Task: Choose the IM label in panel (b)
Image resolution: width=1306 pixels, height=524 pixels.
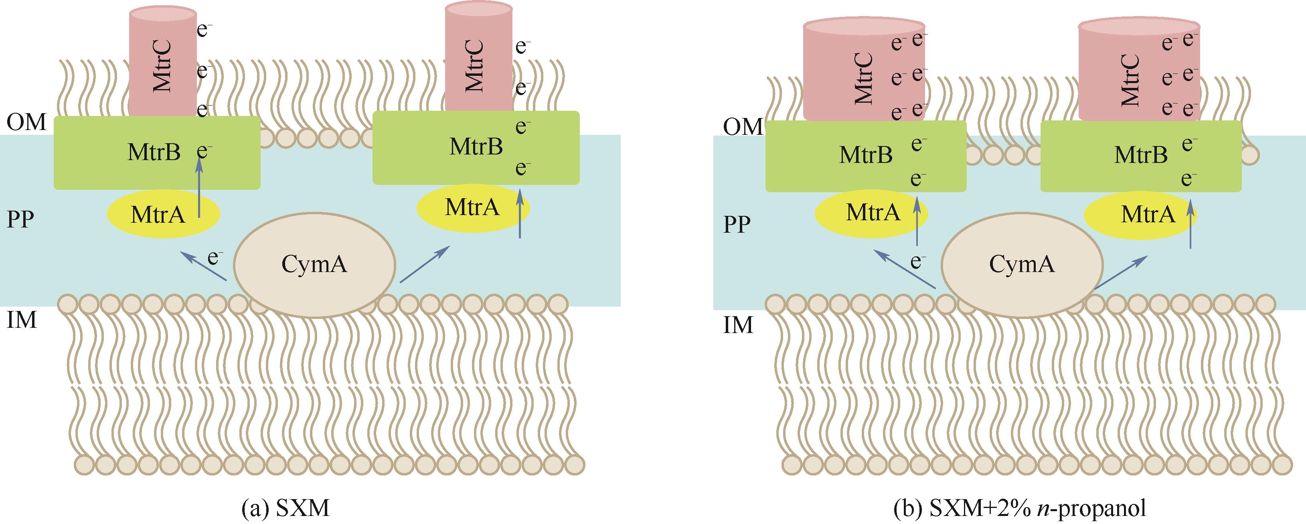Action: pyautogui.click(x=738, y=325)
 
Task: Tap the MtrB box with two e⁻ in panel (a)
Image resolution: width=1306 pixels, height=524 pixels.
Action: pyautogui.click(x=476, y=148)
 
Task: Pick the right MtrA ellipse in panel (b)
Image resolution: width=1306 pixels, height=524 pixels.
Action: pyautogui.click(x=1140, y=215)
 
